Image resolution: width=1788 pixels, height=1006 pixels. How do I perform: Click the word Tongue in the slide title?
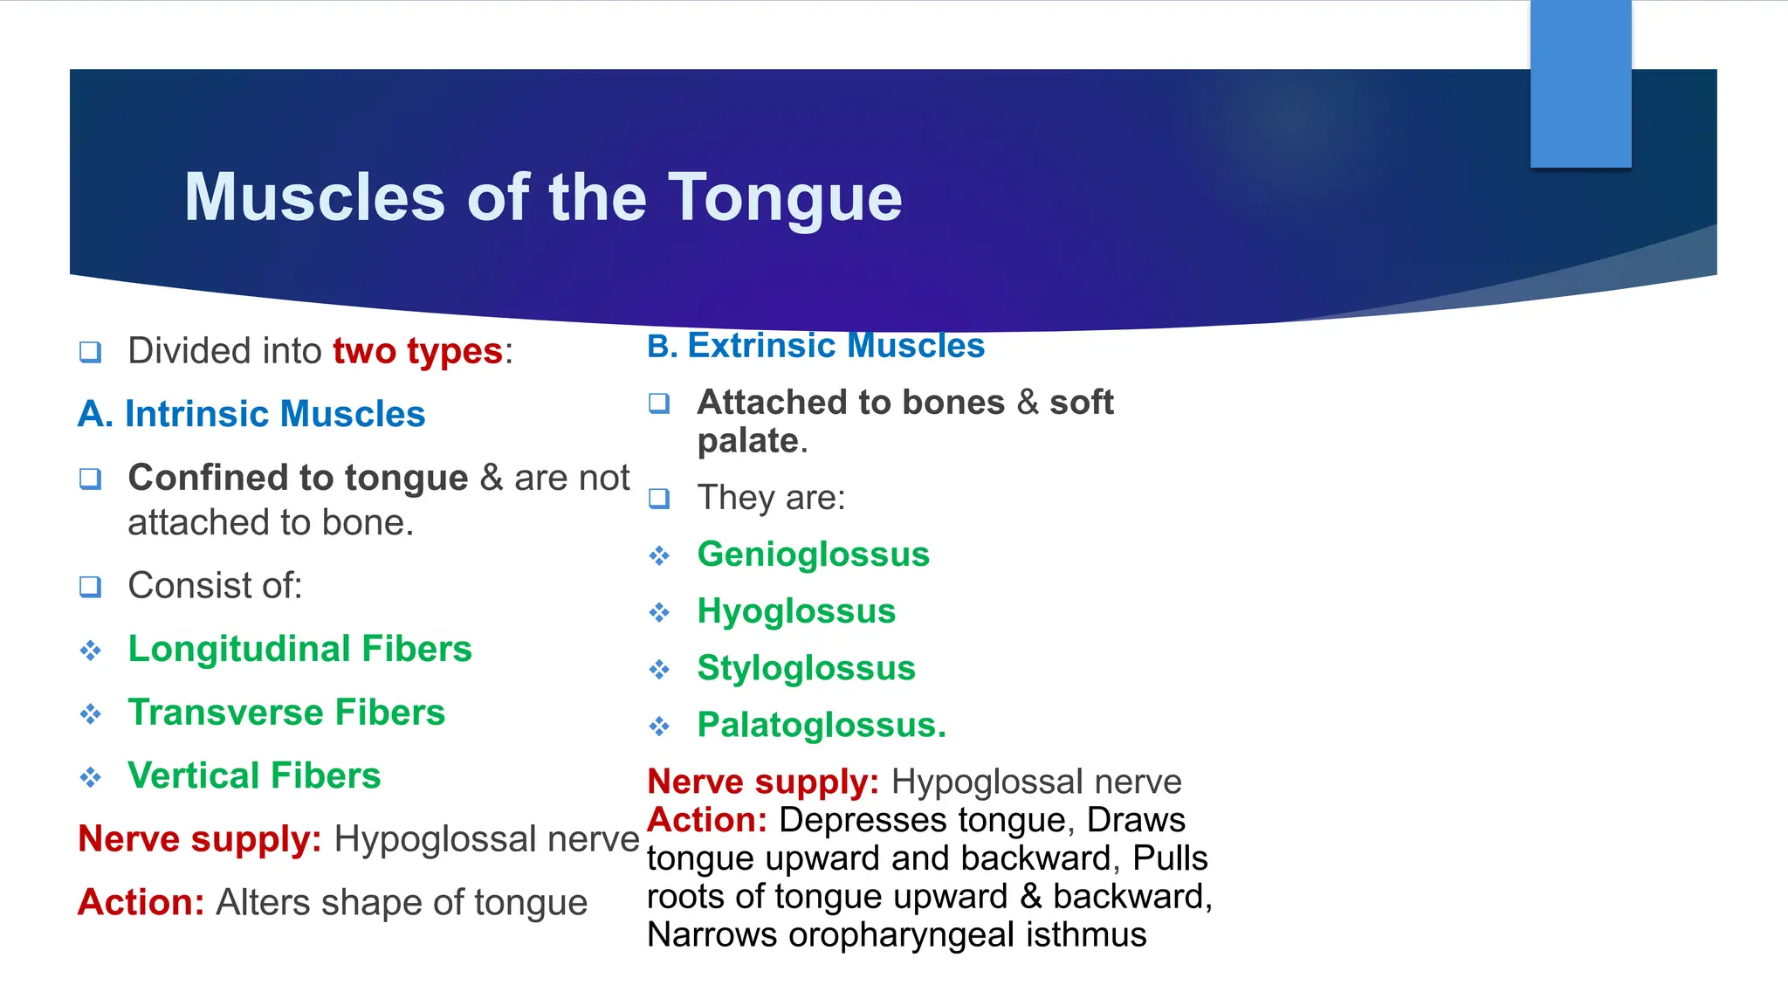click(x=785, y=198)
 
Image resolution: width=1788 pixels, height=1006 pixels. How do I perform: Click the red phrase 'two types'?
click(x=417, y=351)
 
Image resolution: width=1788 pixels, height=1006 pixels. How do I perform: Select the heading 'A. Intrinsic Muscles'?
click(x=251, y=414)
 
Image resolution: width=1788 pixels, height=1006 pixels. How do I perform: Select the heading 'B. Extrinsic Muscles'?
click(x=815, y=346)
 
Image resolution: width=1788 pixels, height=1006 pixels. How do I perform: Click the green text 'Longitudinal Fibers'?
click(x=299, y=649)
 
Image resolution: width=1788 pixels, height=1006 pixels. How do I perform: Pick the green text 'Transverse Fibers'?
click(x=286, y=713)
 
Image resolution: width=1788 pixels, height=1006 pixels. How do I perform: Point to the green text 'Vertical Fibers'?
click(x=254, y=775)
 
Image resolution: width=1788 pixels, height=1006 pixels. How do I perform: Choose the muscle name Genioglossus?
click(x=813, y=555)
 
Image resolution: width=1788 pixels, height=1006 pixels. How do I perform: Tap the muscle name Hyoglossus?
click(x=796, y=611)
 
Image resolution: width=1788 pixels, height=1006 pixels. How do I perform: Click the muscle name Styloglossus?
click(x=806, y=668)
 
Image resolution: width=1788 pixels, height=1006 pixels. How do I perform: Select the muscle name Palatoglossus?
click(x=821, y=725)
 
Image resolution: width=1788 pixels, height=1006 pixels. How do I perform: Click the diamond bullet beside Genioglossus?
click(x=659, y=556)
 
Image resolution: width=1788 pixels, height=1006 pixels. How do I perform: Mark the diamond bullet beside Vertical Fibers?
click(x=90, y=777)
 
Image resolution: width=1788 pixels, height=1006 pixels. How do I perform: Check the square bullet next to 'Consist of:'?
click(x=90, y=587)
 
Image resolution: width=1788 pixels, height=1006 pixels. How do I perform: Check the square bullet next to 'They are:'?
click(x=659, y=499)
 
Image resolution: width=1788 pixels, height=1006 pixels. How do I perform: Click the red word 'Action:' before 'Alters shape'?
click(x=141, y=902)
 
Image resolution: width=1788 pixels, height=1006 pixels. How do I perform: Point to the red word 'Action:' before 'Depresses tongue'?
click(x=707, y=820)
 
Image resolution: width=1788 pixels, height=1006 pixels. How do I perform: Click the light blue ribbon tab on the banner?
click(x=1580, y=84)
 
